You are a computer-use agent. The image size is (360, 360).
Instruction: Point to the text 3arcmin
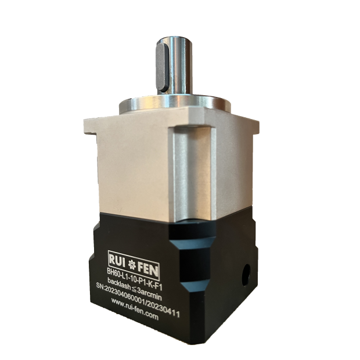150,295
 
